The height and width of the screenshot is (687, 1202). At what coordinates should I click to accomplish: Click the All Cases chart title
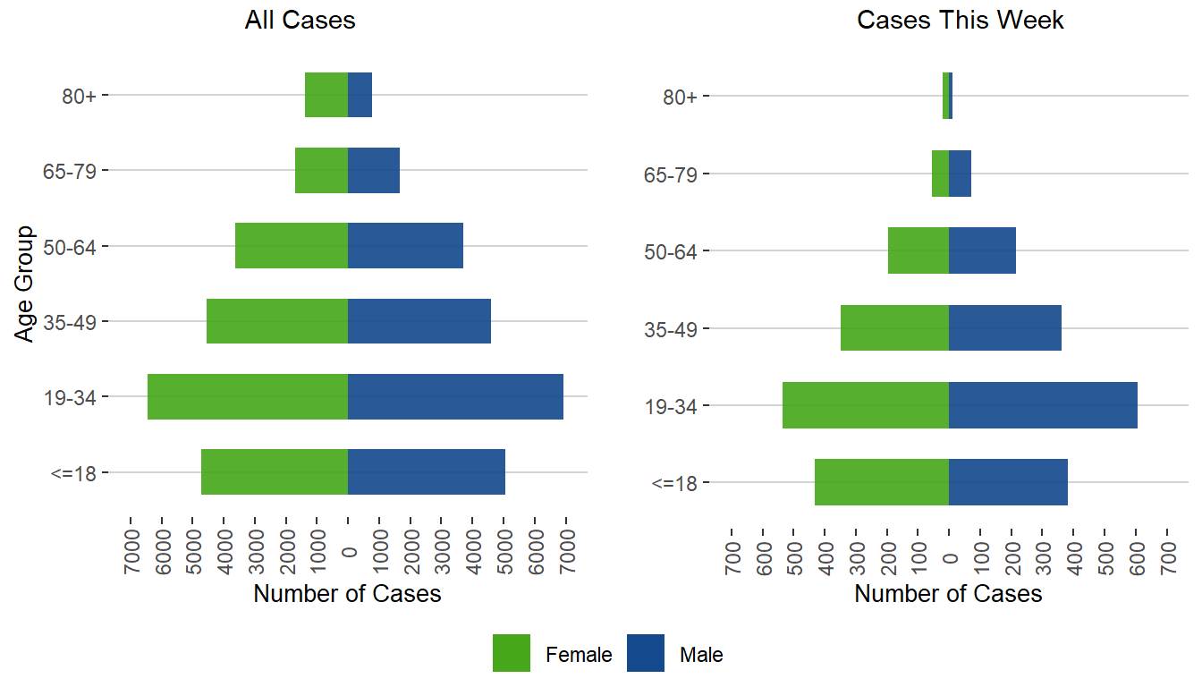coord(300,21)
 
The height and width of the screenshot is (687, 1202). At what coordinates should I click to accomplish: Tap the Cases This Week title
coord(960,21)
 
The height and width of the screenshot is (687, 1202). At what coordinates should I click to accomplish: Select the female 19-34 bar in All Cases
coord(248,396)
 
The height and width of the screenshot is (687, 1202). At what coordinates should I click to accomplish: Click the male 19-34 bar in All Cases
coord(455,396)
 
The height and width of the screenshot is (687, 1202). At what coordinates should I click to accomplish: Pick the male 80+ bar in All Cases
coord(360,94)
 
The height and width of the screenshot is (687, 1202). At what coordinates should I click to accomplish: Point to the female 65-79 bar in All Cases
coord(321,170)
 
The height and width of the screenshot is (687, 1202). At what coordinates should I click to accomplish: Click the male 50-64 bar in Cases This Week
coord(982,250)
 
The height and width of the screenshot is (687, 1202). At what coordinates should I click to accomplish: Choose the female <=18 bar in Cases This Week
coord(881,482)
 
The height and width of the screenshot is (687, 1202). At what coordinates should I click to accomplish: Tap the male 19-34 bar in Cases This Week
coord(1043,405)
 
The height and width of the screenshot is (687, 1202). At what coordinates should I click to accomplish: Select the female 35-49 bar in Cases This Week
coord(894,327)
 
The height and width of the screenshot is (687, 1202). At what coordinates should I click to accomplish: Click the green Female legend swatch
coord(512,653)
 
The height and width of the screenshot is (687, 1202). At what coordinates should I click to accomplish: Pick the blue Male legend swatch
coord(646,653)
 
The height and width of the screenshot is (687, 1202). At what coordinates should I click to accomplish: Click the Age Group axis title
coord(25,283)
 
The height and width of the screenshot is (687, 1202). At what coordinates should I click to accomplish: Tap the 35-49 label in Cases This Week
coord(671,328)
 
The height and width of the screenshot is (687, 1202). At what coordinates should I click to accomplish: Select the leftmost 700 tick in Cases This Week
coord(732,547)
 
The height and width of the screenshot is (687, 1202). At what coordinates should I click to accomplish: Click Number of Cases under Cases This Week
coord(948,594)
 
